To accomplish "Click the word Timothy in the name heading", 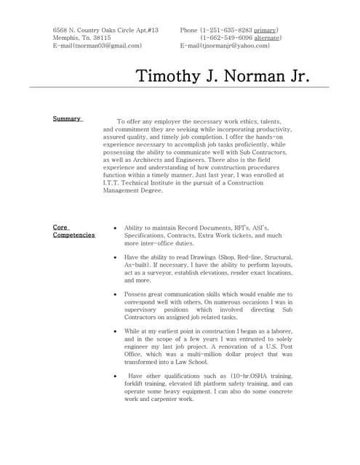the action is coord(172,76).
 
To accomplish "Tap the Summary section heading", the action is coord(67,118).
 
